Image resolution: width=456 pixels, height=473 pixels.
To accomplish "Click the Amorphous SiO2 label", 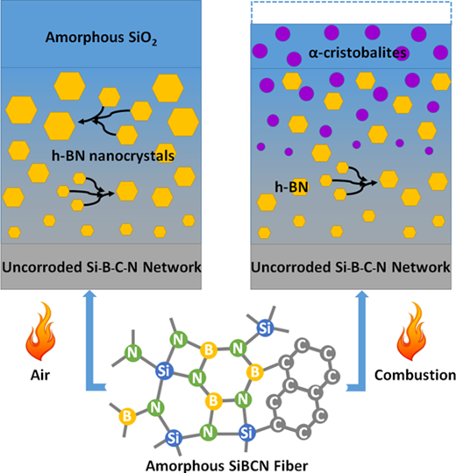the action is (x=101, y=38).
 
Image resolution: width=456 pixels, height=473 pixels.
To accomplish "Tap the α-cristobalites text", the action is (x=357, y=53).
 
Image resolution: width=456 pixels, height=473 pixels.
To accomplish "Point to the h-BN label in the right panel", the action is (x=291, y=187).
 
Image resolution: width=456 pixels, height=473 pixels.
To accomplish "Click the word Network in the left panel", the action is (x=172, y=267).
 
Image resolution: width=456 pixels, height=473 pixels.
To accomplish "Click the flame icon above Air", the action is (x=40, y=331).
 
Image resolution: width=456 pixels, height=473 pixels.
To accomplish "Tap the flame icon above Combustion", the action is (x=411, y=331).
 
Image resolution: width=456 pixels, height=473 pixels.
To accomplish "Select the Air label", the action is (x=40, y=375).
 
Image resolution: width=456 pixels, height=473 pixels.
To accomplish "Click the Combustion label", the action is (x=415, y=375).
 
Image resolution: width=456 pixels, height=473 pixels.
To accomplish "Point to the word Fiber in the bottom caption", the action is (x=291, y=465).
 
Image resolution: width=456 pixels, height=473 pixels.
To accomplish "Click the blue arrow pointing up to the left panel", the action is (x=90, y=341).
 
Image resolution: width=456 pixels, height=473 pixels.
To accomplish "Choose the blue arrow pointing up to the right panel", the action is (x=360, y=341).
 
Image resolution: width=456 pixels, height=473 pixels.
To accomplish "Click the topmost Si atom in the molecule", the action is (x=266, y=328).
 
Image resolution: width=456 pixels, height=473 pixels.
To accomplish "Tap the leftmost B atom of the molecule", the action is (x=127, y=416).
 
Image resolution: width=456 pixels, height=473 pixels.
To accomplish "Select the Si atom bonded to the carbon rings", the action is (x=247, y=434).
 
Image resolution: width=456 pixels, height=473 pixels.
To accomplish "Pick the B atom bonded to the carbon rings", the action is (x=255, y=372).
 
